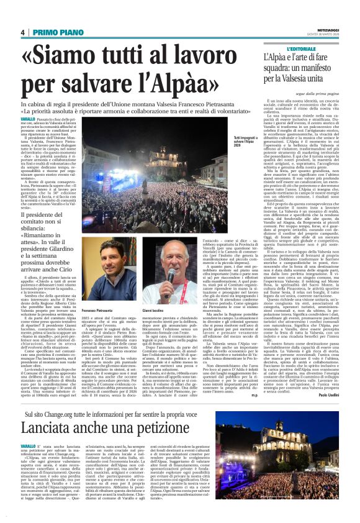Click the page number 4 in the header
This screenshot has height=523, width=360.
click(x=22, y=32)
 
